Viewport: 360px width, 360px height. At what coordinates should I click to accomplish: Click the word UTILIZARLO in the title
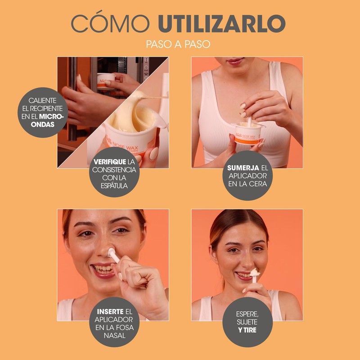coord(221,24)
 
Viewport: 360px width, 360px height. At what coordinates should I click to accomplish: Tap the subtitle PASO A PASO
coord(178,44)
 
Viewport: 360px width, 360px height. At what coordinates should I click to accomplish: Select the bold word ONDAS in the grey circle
coord(43,125)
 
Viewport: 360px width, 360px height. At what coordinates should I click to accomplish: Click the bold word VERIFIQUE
coord(110,162)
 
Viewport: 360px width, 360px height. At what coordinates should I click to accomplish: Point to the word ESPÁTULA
coord(114,185)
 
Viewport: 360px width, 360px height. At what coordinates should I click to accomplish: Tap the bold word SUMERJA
coord(243,168)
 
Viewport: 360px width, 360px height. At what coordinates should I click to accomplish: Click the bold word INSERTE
coord(110,311)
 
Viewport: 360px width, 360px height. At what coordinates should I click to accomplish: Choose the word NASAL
coord(115,335)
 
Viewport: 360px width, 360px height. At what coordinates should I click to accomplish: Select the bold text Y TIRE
coord(247,330)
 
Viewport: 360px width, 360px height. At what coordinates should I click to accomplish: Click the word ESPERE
coord(247,314)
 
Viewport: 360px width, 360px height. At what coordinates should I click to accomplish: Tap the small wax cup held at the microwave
coord(106,81)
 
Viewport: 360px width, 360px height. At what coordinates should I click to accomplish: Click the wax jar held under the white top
coord(248,133)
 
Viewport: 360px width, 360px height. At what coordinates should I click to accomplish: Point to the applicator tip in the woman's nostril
coord(111,252)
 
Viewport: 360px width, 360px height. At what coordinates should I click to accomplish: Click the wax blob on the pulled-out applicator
coord(255,273)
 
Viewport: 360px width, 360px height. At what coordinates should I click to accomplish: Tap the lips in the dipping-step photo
coord(234,61)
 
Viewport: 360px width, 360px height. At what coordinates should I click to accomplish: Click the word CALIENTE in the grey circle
coord(42,100)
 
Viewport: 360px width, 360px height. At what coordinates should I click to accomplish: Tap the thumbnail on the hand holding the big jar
coord(154,153)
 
